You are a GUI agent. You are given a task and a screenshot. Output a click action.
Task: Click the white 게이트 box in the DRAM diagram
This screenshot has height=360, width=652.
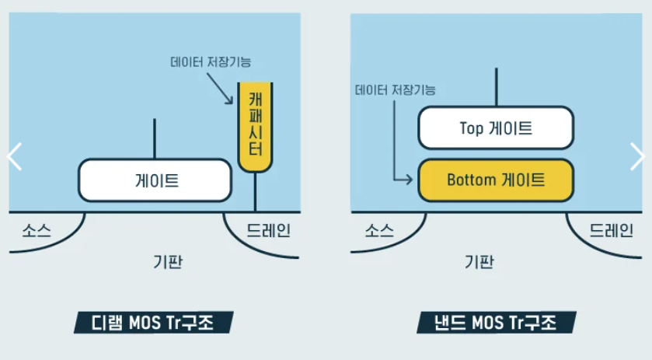click(155, 180)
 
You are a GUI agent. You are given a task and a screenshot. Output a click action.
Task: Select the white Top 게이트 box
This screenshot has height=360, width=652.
click(496, 128)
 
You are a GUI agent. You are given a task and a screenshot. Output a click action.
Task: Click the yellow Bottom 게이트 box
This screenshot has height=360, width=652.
click(496, 180)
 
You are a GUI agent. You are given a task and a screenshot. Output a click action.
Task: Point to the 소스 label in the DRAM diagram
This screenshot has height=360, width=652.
click(37, 230)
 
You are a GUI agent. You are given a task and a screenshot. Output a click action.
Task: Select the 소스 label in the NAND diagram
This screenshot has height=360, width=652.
click(379, 230)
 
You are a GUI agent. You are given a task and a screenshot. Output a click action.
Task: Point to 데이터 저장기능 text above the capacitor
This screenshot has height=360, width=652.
click(210, 61)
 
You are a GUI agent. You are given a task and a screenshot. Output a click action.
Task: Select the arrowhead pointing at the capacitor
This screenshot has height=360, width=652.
click(231, 101)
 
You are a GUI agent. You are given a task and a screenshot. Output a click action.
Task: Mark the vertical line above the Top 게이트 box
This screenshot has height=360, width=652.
click(496, 87)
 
